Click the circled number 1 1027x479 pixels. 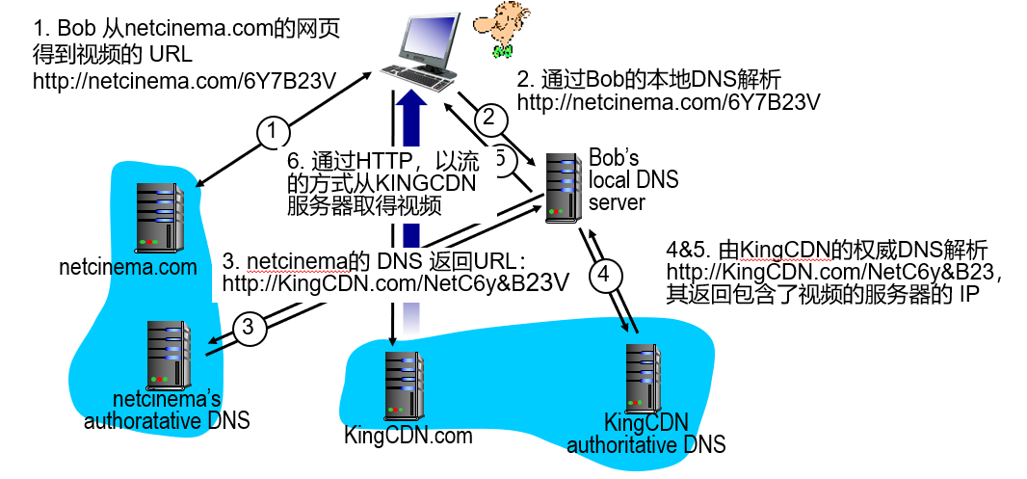coord(273,130)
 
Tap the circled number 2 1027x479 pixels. coord(488,118)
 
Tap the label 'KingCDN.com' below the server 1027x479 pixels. coord(408,435)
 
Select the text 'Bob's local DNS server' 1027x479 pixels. coord(633,179)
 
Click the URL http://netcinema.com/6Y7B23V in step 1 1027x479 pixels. coord(184,81)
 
